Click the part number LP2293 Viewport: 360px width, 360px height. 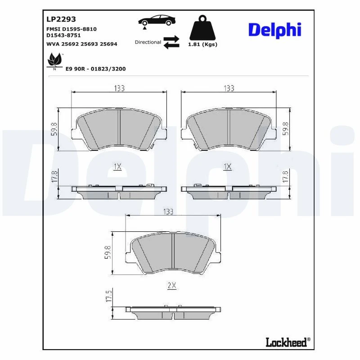[x=61, y=19]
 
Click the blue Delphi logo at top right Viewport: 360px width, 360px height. [x=274, y=30]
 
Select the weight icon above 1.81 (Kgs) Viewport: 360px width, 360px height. [x=202, y=28]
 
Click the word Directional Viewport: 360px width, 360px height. [x=148, y=42]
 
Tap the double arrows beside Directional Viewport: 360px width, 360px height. [x=171, y=42]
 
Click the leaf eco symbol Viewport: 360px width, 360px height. [x=54, y=61]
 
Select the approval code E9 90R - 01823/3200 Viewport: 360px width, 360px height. [x=96, y=69]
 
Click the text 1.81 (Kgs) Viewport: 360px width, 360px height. [x=202, y=44]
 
